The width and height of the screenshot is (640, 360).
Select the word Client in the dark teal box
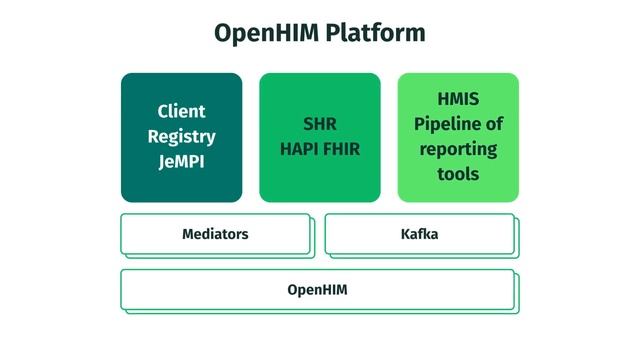pos(181,111)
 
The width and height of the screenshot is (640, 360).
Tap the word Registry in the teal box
pos(181,136)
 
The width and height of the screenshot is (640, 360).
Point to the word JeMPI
pos(181,161)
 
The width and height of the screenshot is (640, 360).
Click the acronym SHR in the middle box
pos(320,125)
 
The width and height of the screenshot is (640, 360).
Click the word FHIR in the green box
pos(341,150)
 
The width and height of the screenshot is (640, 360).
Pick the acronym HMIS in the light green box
pos(458,99)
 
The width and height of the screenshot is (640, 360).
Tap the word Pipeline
pos(448,124)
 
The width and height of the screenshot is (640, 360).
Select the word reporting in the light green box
pos(458,149)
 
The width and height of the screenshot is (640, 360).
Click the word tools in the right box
pos(458,174)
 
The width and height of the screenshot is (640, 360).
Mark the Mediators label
pos(215,235)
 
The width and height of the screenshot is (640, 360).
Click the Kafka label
pos(419,235)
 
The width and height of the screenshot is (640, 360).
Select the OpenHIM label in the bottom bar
pos(317,290)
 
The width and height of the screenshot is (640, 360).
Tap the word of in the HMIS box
pos(494,124)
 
